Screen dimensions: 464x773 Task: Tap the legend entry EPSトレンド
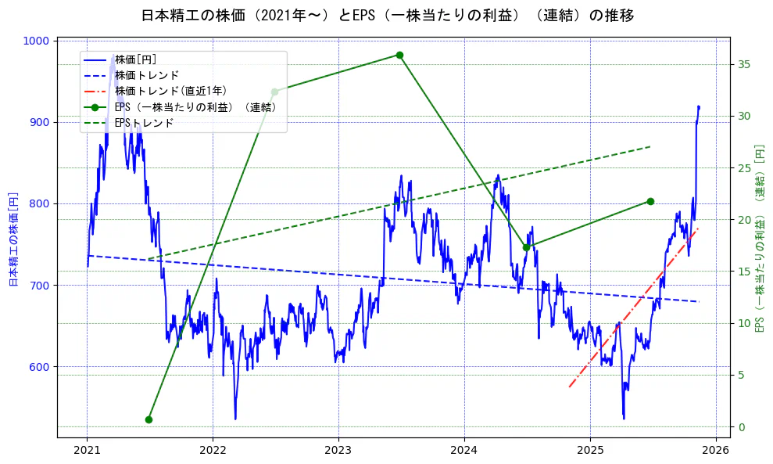tap(144, 123)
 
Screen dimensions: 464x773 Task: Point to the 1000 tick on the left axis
tap(39, 41)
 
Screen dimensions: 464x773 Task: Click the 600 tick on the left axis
tap(42, 367)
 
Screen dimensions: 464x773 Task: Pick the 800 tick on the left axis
tap(42, 204)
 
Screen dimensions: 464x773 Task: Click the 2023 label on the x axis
tap(338, 451)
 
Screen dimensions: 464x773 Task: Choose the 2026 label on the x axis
tap(716, 451)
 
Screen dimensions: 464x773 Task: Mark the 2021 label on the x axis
tap(87, 451)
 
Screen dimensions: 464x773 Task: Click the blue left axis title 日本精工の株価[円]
tap(13, 239)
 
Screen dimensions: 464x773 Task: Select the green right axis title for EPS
tap(758, 239)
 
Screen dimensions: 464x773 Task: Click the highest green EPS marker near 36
tap(399, 55)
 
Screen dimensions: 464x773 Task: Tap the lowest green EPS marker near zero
tap(149, 419)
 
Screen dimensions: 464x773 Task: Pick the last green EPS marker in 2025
tap(650, 201)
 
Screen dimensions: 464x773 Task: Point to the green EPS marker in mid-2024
tap(526, 247)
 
